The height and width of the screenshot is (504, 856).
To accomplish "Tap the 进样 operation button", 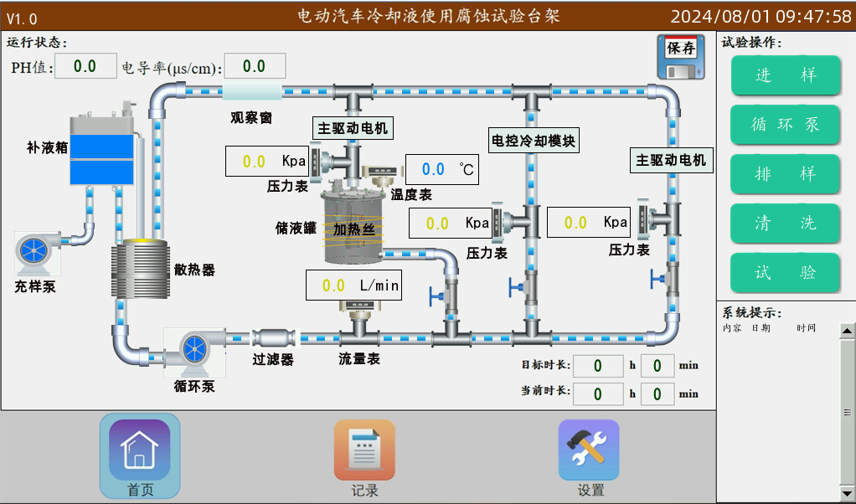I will [x=785, y=75].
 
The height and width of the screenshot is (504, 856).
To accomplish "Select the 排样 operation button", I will [x=785, y=174].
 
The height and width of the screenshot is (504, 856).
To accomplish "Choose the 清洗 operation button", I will [x=785, y=224].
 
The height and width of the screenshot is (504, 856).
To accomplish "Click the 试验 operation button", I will [x=785, y=273].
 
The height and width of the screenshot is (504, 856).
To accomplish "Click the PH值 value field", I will [x=85, y=66].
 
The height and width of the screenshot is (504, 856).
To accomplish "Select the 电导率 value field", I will [x=254, y=66].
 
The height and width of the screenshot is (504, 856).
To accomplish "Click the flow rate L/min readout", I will [x=353, y=285].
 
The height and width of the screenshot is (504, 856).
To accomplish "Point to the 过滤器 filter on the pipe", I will [x=274, y=338].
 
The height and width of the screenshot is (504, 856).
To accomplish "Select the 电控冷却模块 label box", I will [x=534, y=140].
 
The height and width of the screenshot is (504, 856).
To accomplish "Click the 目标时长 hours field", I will [x=597, y=365].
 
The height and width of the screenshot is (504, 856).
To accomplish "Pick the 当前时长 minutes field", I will [x=657, y=393].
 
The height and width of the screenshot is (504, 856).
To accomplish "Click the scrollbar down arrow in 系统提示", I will [x=848, y=492].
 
